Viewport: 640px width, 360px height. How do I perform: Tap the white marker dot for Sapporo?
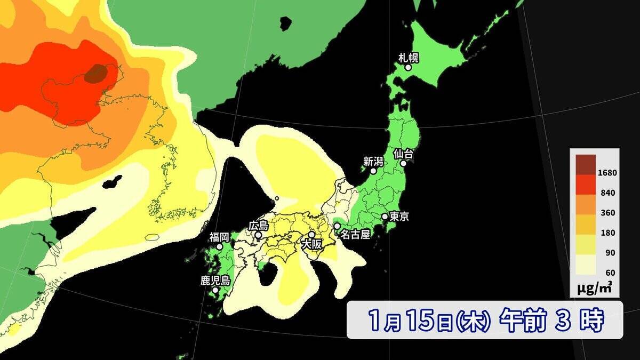[x=408, y=68]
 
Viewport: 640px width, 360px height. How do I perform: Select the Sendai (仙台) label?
[x=403, y=153]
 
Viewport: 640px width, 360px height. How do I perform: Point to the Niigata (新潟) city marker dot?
[x=373, y=171]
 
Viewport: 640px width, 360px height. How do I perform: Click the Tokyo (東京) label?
[x=399, y=217]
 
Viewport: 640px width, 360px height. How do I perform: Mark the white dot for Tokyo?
[x=385, y=217]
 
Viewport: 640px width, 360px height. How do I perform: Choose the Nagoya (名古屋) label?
[x=355, y=235]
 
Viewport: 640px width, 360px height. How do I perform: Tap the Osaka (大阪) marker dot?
[x=311, y=234]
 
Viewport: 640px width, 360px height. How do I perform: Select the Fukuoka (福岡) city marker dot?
[x=219, y=247]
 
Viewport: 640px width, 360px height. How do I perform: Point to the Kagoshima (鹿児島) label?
[x=215, y=281]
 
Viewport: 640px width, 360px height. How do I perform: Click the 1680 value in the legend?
[x=608, y=173]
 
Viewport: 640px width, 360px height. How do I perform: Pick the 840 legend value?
[x=608, y=193]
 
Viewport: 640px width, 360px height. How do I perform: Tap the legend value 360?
[x=608, y=213]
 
